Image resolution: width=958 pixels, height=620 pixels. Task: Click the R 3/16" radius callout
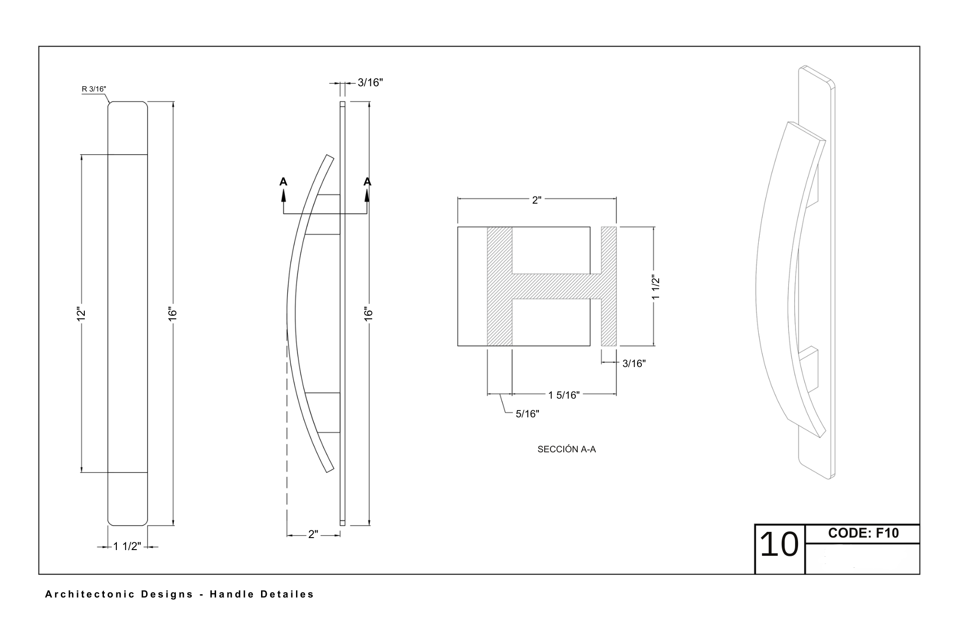[94, 89]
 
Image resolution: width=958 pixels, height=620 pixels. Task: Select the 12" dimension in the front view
[81, 314]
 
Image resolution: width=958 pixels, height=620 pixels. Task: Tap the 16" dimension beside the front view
[173, 314]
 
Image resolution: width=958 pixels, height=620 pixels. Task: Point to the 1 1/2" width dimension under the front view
[127, 546]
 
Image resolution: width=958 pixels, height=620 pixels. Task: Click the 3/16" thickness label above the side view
[370, 82]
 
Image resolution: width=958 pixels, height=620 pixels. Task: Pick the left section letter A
[284, 182]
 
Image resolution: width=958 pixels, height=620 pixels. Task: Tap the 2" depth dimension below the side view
[313, 534]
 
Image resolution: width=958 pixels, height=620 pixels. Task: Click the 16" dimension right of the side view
[368, 314]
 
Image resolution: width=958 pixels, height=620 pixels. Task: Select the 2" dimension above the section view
[536, 200]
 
